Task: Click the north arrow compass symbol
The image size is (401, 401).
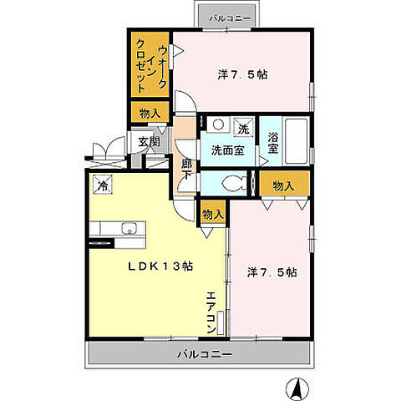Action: [x=296, y=388]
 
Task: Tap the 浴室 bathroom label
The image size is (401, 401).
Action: [x=272, y=143]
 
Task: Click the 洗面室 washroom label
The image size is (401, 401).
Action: [x=227, y=151]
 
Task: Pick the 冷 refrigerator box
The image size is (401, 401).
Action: [x=104, y=185]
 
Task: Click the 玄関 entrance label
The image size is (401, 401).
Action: [x=149, y=142]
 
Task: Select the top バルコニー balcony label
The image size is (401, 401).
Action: [x=226, y=17]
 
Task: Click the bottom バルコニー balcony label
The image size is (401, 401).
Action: [x=203, y=353]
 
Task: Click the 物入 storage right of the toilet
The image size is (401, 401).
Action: [x=283, y=185]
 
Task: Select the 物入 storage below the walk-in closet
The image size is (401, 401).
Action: [x=150, y=112]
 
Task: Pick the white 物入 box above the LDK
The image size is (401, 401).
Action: [x=212, y=214]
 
